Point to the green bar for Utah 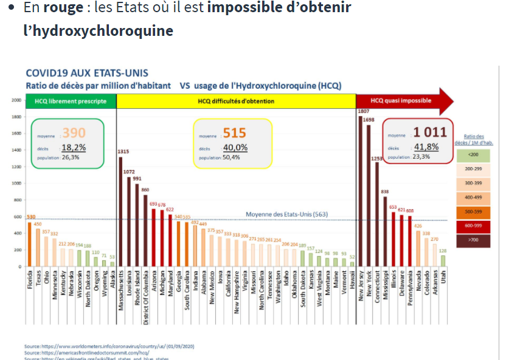point(443,261)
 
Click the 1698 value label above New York point(369,120)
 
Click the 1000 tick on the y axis point(16,183)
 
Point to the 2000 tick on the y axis point(16,100)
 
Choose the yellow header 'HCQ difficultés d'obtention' point(236,101)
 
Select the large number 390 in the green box point(74,133)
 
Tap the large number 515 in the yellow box point(234,133)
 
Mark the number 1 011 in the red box point(430,132)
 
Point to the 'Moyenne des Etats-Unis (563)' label point(286,214)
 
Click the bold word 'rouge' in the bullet point(59,9)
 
